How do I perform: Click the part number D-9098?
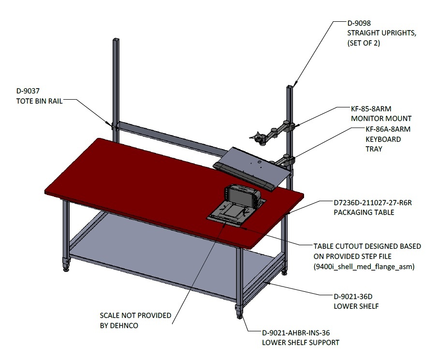[359, 23]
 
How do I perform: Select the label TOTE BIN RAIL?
[39, 101]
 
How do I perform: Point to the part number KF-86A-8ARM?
[388, 129]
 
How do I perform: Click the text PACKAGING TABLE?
[364, 212]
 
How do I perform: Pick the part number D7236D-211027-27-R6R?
[373, 203]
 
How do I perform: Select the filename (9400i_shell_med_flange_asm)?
[364, 267]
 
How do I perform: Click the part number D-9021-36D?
[353, 297]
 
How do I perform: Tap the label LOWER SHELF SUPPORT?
[301, 343]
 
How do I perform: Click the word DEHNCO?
[124, 326]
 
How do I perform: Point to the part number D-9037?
[28, 91]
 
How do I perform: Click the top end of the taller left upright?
[116, 39]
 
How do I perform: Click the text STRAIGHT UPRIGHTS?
[381, 33]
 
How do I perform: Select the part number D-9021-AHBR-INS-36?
[296, 332]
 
